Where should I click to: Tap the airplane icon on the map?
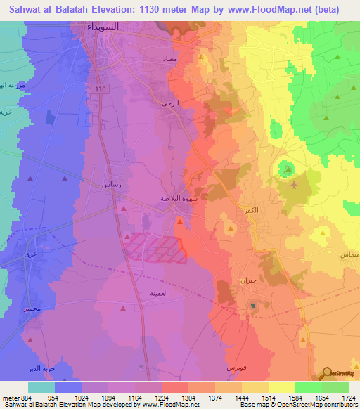click(x=293, y=186)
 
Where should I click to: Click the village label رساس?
click(x=111, y=186)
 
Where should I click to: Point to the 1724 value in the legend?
click(x=349, y=398)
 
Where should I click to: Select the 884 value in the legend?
click(x=27, y=398)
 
